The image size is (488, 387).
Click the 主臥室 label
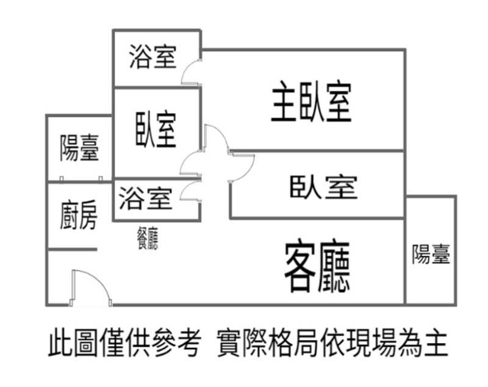click(x=312, y=101)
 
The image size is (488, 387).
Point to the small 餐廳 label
click(x=148, y=239)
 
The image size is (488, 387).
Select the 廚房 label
click(x=79, y=215)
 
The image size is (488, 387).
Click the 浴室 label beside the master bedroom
click(x=153, y=56)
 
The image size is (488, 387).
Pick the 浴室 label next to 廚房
click(x=145, y=198)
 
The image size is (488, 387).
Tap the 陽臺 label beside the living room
click(x=431, y=254)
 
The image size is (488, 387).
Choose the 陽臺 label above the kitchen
click(x=79, y=148)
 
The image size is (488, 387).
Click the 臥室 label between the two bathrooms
click(x=156, y=129)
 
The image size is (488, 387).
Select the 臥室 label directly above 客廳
click(x=323, y=187)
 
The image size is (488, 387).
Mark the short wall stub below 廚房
click(x=73, y=249)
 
